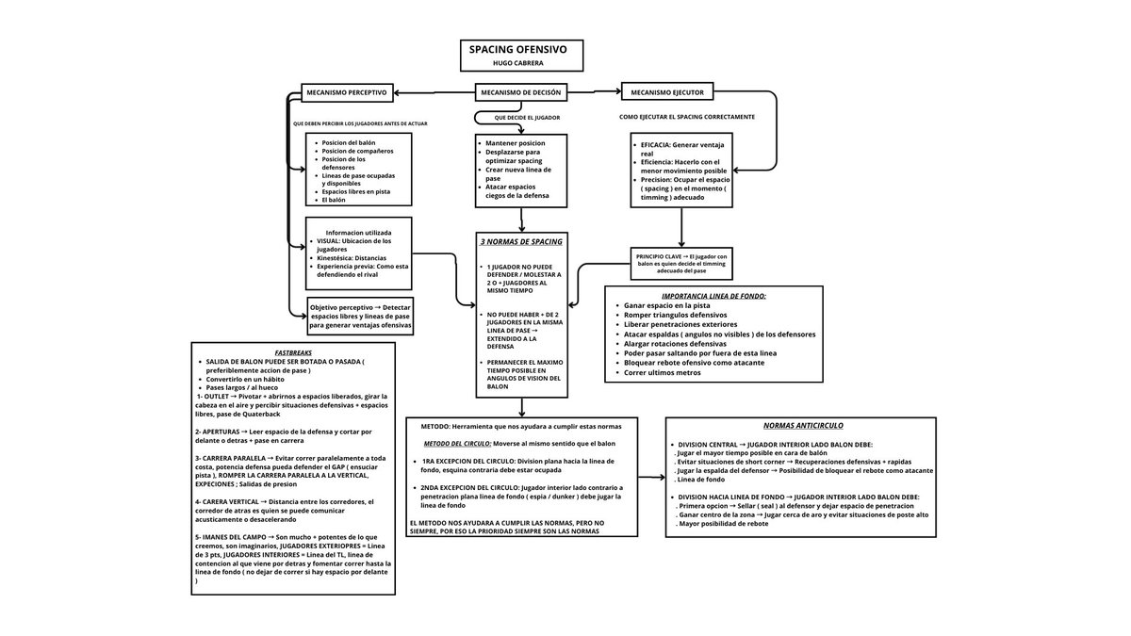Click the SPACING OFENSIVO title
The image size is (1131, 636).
520,48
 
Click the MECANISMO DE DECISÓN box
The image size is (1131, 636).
520,92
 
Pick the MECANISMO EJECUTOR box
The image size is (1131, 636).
667,92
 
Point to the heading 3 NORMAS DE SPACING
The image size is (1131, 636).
521,242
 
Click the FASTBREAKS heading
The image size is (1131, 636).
292,352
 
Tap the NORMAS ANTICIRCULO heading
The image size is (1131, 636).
800,425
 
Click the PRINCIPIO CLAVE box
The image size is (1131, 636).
681,261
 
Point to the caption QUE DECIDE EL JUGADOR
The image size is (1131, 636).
527,118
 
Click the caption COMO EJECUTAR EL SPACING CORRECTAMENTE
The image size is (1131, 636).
686,117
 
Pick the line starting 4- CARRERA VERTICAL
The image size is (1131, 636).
283,501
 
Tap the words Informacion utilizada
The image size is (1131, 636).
358,232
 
